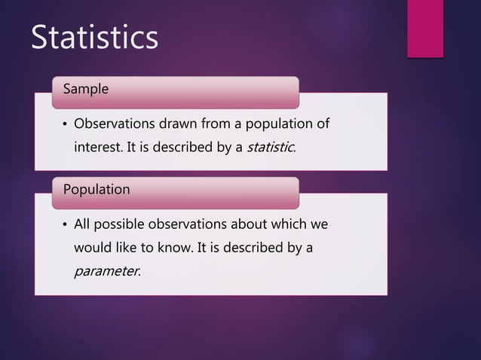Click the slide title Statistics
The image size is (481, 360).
[x=94, y=38]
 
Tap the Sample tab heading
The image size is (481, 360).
[x=85, y=89]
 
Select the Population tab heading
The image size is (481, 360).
[x=96, y=190]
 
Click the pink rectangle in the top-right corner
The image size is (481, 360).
[x=425, y=28]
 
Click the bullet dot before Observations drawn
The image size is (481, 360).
[x=65, y=124]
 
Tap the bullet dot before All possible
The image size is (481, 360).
[x=65, y=225]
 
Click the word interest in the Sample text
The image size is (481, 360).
[x=97, y=147]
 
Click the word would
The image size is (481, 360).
[x=90, y=247]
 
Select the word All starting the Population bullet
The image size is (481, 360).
[x=81, y=224]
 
